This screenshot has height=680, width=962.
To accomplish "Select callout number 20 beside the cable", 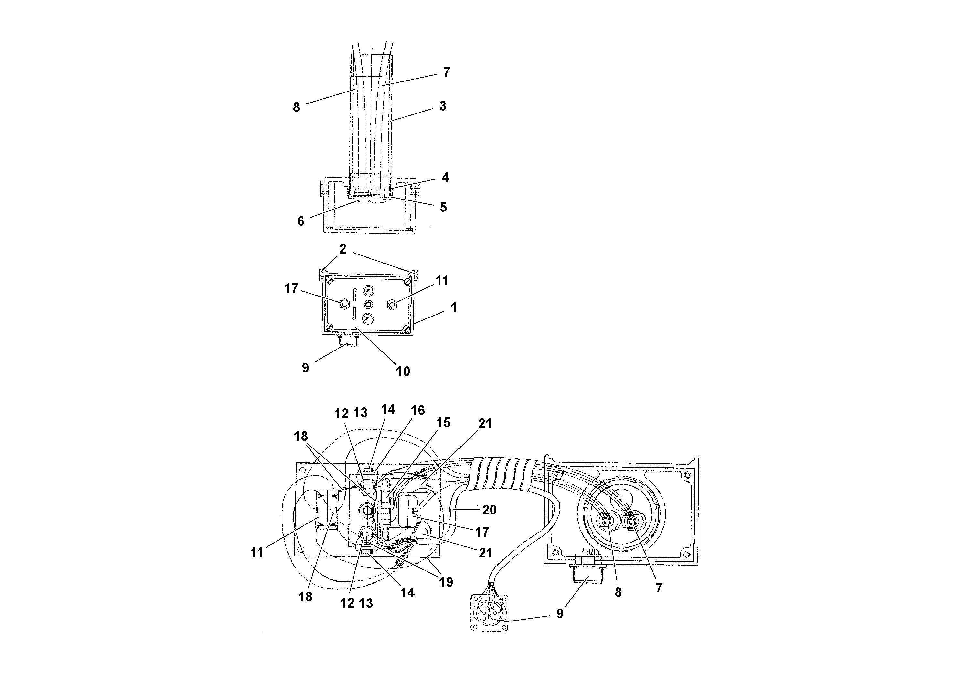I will tap(489, 510).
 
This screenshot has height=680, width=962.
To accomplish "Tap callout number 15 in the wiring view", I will tap(443, 423).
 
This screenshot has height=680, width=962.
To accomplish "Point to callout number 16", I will tap(418, 410).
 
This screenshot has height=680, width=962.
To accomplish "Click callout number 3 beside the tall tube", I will tap(442, 106).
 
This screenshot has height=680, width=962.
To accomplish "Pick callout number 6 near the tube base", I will tap(301, 221).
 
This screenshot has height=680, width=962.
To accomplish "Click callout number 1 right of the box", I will tap(453, 308).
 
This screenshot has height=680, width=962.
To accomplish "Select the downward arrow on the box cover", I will tap(354, 314).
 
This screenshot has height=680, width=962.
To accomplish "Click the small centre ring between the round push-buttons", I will tap(368, 304).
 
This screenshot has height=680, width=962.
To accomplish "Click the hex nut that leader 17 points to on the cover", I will tap(344, 304).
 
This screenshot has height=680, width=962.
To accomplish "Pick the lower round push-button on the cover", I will tap(368, 318).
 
